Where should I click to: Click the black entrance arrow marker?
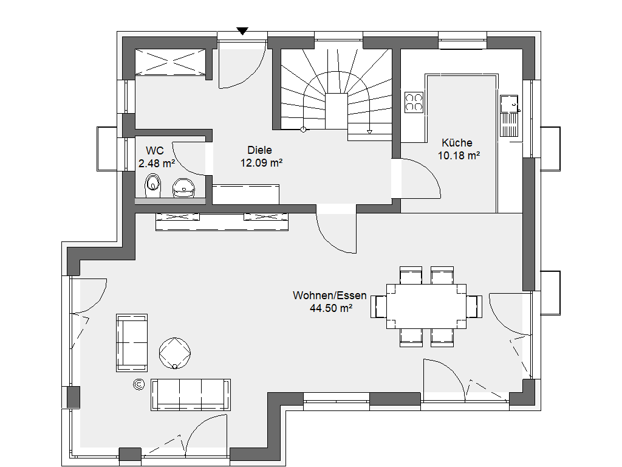click(x=242, y=31)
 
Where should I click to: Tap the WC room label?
click(x=155, y=151)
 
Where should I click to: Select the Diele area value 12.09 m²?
click(x=261, y=163)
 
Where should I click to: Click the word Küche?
click(x=457, y=143)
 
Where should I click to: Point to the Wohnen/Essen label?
click(x=330, y=296)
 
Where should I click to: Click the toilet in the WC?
click(x=152, y=185)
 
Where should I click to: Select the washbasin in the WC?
click(x=183, y=187)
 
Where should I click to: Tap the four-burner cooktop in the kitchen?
click(x=414, y=102)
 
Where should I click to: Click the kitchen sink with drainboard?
click(x=510, y=116)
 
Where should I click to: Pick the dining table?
click(x=426, y=306)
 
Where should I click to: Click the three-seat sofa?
click(x=190, y=395)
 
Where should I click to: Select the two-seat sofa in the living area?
click(x=132, y=343)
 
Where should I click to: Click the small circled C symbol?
click(x=139, y=384)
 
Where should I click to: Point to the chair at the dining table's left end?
click(x=378, y=306)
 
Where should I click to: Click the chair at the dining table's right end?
click(x=474, y=306)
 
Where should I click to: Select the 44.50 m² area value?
click(x=331, y=308)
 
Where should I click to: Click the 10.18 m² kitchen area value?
click(x=459, y=156)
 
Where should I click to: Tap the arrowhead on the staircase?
click(x=370, y=132)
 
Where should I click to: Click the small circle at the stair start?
click(x=304, y=130)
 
